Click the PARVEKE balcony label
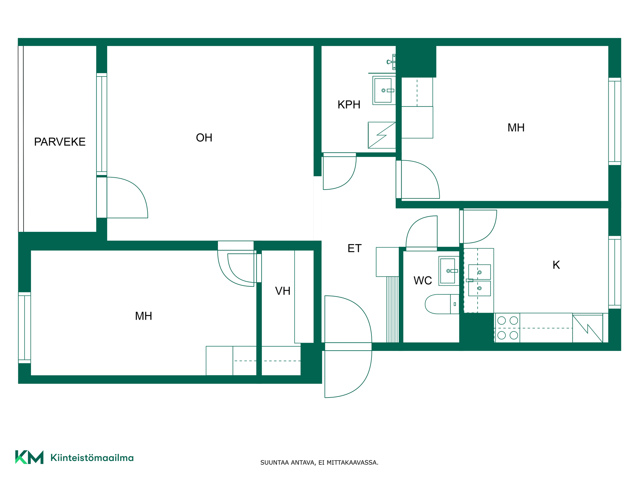coord(60,142)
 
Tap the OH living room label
coord(204,138)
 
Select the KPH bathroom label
coord(349,105)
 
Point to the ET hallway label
coord(354,248)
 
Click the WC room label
coord(423,281)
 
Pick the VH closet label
coord(283,291)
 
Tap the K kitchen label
coord(556,265)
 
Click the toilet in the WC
coord(442,304)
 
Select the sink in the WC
coord(449,271)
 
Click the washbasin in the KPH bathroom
coord(384,90)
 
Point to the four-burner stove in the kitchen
coord(507,328)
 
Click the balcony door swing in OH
coord(127,198)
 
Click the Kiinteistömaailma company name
coord(92,458)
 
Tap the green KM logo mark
coord(29,457)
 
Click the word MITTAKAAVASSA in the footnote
coord(352,463)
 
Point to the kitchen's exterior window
coord(615,272)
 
